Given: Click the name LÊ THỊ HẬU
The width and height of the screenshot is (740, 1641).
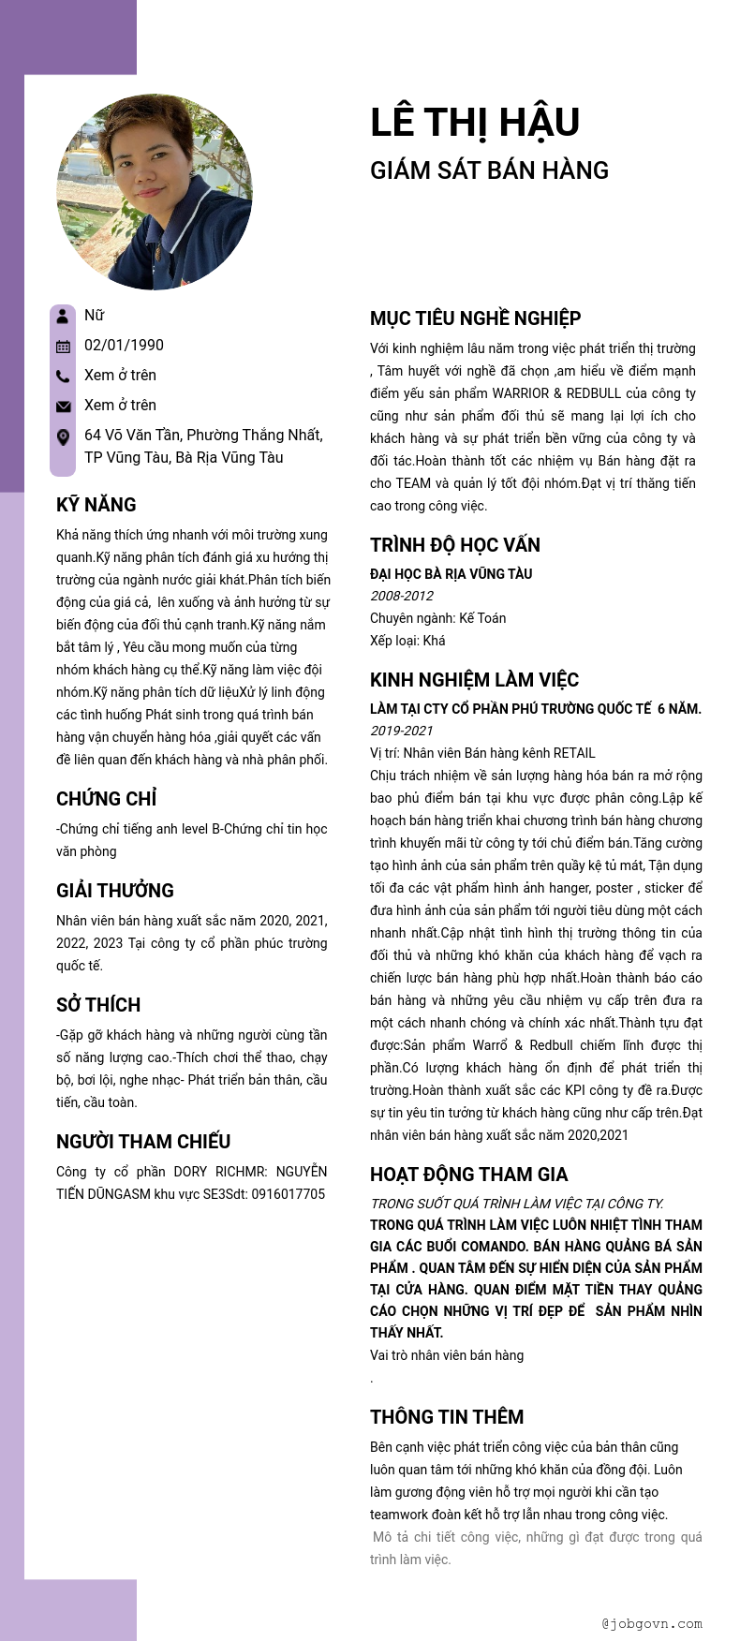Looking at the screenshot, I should (x=475, y=123).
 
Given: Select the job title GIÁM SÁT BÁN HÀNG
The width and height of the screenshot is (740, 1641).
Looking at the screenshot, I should (x=489, y=170).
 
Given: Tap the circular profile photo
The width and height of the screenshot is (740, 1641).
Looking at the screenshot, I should (x=155, y=191).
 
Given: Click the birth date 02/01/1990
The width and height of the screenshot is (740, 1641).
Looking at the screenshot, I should (x=124, y=345).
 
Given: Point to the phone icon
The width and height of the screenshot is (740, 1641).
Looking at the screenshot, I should (x=63, y=376).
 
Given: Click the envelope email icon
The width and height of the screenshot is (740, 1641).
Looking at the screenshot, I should (x=63, y=406).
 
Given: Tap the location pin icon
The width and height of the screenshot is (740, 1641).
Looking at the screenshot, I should (x=63, y=436).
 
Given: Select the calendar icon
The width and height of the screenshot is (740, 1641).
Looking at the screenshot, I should (x=63, y=346).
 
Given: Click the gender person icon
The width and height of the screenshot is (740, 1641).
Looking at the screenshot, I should (x=63, y=316).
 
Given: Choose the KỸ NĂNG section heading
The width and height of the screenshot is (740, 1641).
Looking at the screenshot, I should (x=96, y=505).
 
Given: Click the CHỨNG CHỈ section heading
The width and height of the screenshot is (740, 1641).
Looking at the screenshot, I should (x=106, y=799).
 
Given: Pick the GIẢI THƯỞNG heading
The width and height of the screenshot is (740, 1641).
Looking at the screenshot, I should (x=115, y=891).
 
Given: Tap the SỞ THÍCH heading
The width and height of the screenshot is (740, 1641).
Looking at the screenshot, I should (x=98, y=1005).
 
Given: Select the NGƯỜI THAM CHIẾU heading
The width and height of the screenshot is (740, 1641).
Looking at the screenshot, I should (x=143, y=1142).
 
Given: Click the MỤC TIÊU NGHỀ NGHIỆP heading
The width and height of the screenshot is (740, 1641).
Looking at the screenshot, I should (x=475, y=318).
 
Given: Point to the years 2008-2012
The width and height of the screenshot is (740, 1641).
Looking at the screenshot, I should (x=402, y=596).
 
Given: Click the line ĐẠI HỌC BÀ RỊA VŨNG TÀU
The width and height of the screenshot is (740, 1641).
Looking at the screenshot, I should (x=451, y=573).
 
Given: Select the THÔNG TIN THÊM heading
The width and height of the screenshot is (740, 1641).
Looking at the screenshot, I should (x=447, y=1417).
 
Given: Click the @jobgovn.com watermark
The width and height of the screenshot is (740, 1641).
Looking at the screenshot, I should (x=652, y=1624).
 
